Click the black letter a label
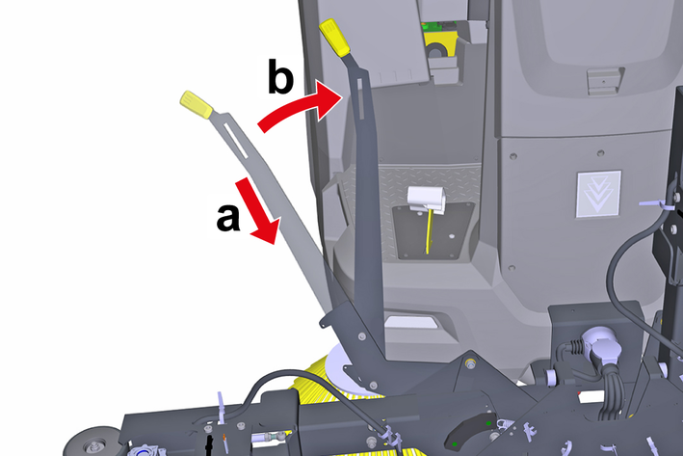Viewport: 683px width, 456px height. pos(228,218)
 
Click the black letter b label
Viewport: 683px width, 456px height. pos(280,76)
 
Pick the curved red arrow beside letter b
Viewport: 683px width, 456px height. pos(301,105)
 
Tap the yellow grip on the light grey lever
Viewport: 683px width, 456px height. pos(196,104)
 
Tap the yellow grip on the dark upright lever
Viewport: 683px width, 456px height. pos(334,37)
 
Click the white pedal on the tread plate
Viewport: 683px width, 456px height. pos(426,200)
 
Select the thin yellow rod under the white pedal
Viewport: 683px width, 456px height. pos(430,232)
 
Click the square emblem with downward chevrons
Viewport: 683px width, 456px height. pos(598,194)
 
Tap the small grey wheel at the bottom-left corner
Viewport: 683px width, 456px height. pos(92,443)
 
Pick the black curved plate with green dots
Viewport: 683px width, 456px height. pos(469,431)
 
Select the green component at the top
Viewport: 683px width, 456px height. pos(437,27)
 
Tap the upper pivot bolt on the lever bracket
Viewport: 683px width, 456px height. pos(361,336)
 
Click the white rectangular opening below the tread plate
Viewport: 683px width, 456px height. pos(410,322)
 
